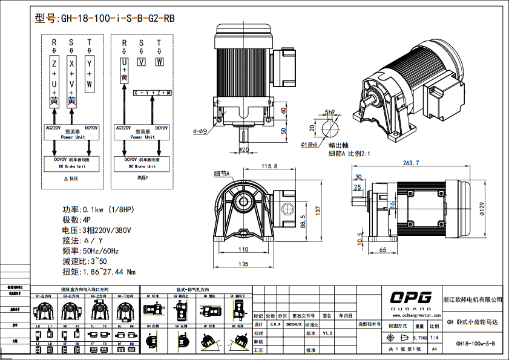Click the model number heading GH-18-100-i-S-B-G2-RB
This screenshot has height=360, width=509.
(105, 18)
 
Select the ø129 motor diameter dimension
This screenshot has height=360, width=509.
(482, 208)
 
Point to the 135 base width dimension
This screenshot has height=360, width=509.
(243, 264)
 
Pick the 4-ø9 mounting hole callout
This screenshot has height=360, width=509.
(200, 131)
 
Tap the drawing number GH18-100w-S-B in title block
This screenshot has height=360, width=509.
(475, 344)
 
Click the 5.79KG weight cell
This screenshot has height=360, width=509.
(419, 338)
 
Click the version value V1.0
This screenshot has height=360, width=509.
(327, 333)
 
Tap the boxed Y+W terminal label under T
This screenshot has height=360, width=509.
(90, 73)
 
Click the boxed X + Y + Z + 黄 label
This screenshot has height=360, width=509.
(153, 93)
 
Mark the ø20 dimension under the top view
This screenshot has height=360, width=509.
(244, 149)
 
